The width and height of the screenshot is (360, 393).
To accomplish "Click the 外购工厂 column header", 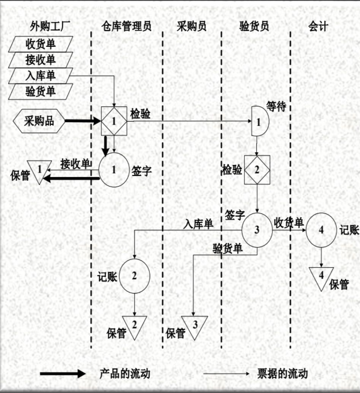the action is pos(50,26).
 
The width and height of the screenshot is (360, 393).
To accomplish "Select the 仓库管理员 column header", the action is pos(126,26).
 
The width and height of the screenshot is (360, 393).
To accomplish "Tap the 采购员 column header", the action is pos(192,26).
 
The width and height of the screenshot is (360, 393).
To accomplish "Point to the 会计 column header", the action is pos(318,26).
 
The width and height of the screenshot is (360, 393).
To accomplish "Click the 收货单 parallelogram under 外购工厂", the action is pos(41,44).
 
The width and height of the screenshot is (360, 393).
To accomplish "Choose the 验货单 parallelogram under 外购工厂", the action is pos(41,91).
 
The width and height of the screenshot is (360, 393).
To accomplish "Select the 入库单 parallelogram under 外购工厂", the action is pos(41,76).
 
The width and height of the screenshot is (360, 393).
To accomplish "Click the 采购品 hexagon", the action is pos(39,121).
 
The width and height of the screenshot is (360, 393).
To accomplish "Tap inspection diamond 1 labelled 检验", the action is pos(114,121).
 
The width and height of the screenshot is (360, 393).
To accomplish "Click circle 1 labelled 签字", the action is pos(114,170).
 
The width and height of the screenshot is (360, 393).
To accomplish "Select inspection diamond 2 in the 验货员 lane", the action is pos(257,170).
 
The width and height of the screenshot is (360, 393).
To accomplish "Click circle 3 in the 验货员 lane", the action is pos(257,230).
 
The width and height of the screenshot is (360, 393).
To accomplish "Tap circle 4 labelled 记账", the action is pos(321,230).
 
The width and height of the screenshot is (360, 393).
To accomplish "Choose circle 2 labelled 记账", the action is pos(134,276).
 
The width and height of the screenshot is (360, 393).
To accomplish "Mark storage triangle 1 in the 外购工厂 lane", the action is pos(39,170).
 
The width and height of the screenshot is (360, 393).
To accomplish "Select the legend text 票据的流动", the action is pos(282,374).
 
